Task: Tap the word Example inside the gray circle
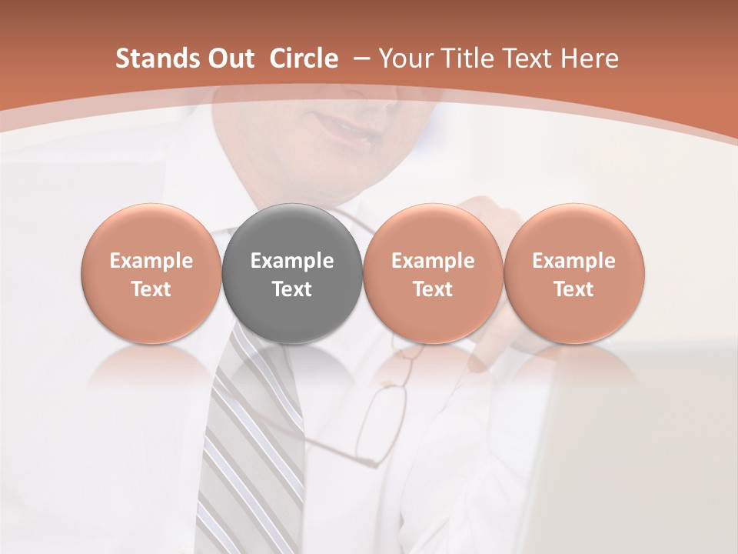(292, 262)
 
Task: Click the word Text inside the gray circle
(292, 289)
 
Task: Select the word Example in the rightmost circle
(573, 262)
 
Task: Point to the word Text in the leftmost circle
(151, 289)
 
